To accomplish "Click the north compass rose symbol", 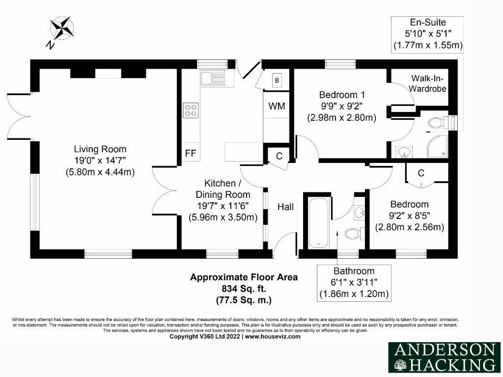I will point(61,28).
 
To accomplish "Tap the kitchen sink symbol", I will point(212,78).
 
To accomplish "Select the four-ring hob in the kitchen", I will point(191,110).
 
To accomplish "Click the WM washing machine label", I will point(277,107).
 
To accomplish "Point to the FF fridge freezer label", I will point(191,154).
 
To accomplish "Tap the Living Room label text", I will point(100,149).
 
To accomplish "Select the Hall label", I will point(285,207).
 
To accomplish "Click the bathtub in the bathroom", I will point(319,223).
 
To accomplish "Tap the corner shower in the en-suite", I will point(437,148).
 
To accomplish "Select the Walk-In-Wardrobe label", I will point(428,83).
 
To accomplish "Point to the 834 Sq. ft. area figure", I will point(244,288).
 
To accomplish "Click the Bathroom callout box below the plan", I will point(354,282).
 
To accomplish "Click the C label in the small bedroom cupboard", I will point(421,173).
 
